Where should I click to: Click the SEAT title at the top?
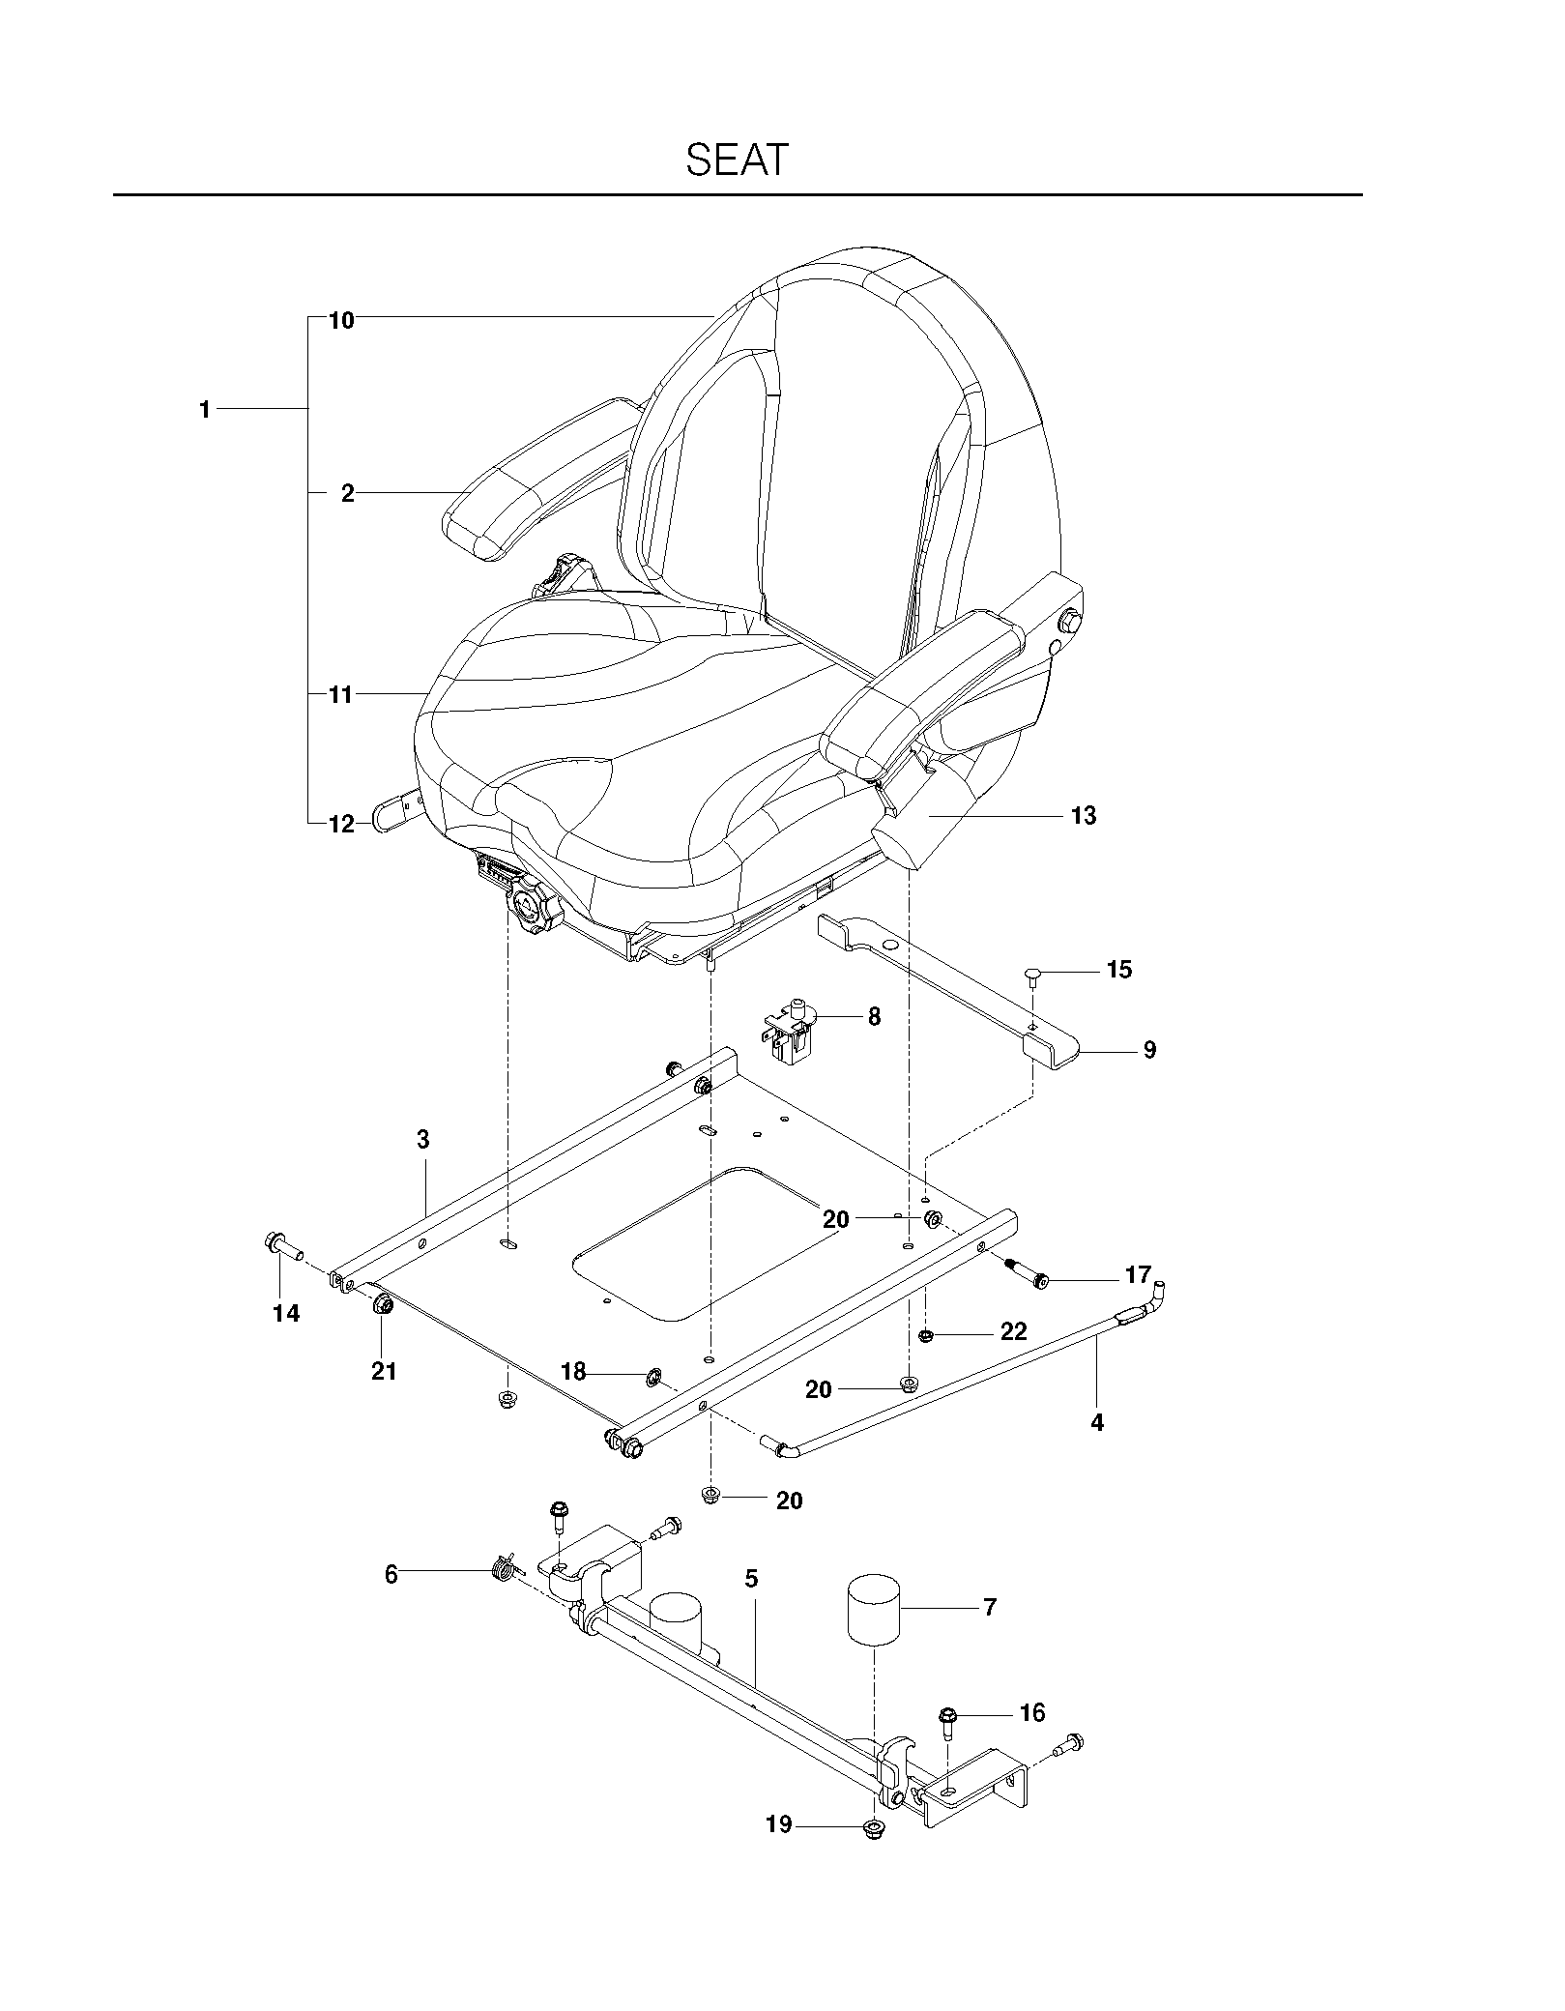[737, 160]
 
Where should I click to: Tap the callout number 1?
[205, 410]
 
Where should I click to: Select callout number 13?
[1084, 816]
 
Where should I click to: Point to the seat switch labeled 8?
[792, 1033]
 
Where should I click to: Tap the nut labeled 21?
[381, 1306]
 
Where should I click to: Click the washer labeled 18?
[652, 1375]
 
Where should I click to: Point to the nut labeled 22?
[925, 1335]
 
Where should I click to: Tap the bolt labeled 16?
[946, 1723]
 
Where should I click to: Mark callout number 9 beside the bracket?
[1149, 1050]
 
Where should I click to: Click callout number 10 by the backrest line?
[341, 320]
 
